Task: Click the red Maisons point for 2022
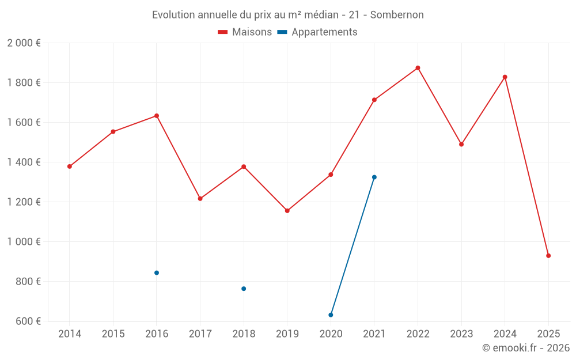pyautogui.click(x=418, y=68)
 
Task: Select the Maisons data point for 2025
pyautogui.click(x=548, y=256)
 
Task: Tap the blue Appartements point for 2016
pyautogui.click(x=157, y=273)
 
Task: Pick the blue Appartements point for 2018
pyautogui.click(x=244, y=289)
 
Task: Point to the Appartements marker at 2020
pyautogui.click(x=331, y=315)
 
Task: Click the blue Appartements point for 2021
pyautogui.click(x=374, y=177)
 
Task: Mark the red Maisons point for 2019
pyautogui.click(x=287, y=211)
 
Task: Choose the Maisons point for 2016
pyautogui.click(x=157, y=116)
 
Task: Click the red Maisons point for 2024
pyautogui.click(x=505, y=77)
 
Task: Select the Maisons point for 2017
pyautogui.click(x=200, y=199)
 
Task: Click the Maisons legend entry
pyautogui.click(x=245, y=32)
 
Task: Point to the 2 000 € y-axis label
pyautogui.click(x=24, y=43)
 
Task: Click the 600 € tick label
pyautogui.click(x=28, y=321)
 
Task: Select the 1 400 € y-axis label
pyautogui.click(x=24, y=162)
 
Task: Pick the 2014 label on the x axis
pyautogui.click(x=70, y=334)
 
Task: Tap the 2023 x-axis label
pyautogui.click(x=461, y=334)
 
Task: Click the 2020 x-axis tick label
pyautogui.click(x=331, y=334)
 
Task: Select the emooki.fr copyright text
pyautogui.click(x=526, y=348)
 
